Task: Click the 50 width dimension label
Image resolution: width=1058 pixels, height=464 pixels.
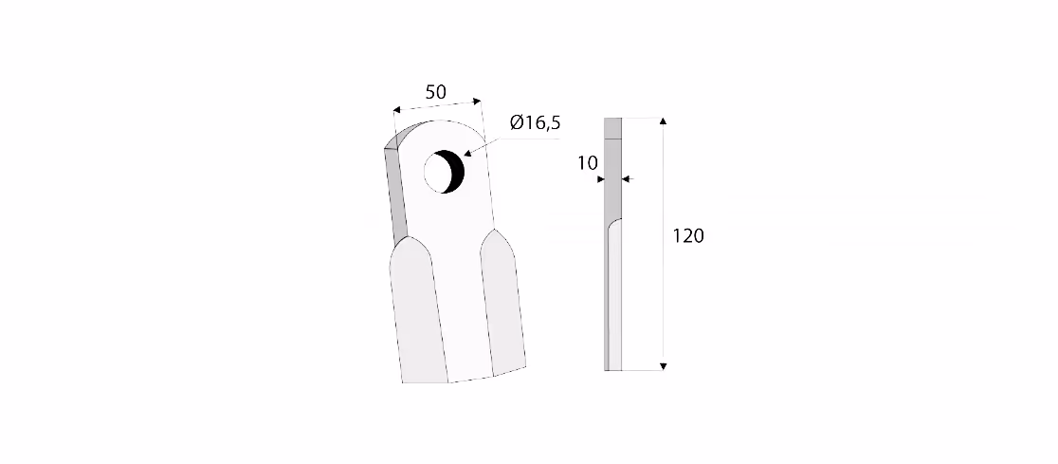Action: click(x=436, y=92)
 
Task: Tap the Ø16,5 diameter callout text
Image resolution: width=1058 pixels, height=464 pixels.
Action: click(x=535, y=123)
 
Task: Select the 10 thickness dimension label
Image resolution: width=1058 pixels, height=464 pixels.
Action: click(x=588, y=163)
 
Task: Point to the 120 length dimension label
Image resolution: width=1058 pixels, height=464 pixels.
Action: click(x=688, y=235)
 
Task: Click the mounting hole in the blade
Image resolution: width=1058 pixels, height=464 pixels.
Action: click(x=444, y=172)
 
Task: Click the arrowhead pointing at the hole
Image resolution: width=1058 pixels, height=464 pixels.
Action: click(x=467, y=154)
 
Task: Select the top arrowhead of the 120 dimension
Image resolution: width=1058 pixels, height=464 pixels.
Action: click(x=663, y=121)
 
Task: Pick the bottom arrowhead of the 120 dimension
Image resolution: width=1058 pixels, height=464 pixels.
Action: click(x=663, y=366)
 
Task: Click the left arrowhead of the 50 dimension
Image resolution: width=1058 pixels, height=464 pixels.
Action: click(x=397, y=109)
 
